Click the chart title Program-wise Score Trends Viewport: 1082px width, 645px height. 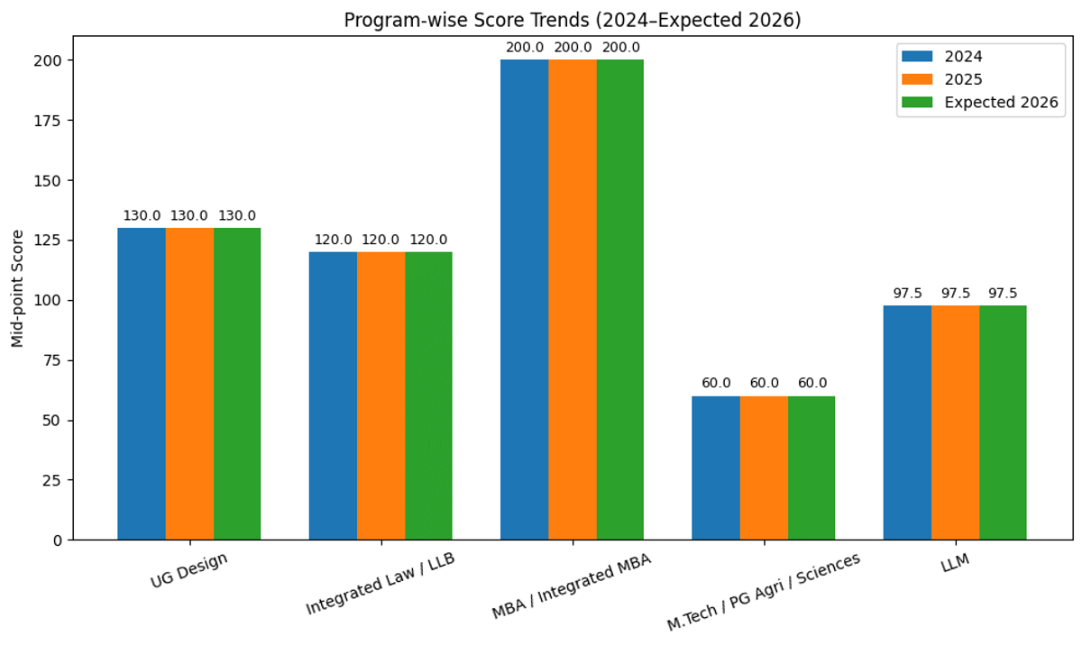pos(573,20)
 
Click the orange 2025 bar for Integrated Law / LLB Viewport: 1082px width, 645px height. pos(381,395)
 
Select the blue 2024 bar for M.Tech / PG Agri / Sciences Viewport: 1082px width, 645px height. pos(716,468)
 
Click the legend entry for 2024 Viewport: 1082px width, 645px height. pos(961,56)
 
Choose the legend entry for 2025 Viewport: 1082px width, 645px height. pos(961,79)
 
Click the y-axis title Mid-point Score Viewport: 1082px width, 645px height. pos(18,288)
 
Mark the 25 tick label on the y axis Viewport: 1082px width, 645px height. pos(56,480)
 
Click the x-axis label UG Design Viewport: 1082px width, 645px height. pos(188,570)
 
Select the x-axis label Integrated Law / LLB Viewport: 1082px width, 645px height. pos(381,584)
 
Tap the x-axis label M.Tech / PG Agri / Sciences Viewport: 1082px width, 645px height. pos(763,592)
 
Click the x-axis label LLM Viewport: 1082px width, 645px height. pos(955,564)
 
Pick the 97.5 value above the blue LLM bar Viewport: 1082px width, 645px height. pos(907,294)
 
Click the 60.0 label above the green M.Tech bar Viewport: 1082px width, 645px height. pos(811,384)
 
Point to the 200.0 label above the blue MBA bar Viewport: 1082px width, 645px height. pos(525,48)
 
